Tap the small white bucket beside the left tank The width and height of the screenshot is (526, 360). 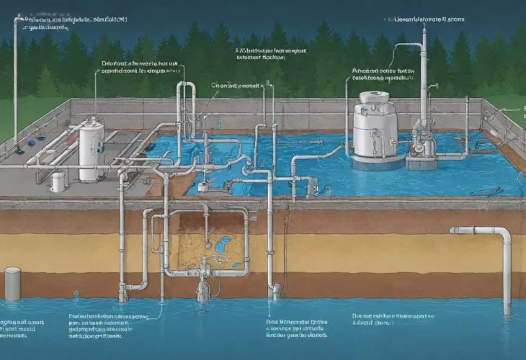(58, 181)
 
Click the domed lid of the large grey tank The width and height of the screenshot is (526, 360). (375, 98)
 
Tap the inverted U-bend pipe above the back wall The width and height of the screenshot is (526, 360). (185, 89)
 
